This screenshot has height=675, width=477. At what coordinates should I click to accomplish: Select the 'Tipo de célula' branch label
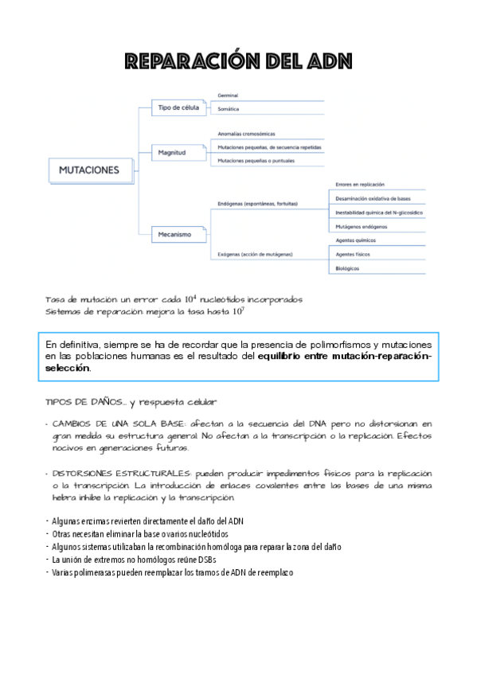click(x=179, y=107)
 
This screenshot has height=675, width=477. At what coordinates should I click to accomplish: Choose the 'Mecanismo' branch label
click(x=176, y=235)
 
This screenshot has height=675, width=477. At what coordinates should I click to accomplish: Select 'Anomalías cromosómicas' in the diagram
click(x=246, y=134)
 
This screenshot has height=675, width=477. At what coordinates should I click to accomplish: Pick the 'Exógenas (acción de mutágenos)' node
click(x=254, y=254)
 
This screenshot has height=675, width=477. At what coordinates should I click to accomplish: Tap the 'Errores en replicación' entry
click(x=360, y=184)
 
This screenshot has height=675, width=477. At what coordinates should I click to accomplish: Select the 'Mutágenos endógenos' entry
click(x=362, y=227)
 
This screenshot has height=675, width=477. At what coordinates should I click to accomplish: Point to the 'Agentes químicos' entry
click(x=356, y=240)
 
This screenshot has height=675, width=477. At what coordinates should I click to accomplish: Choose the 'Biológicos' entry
click(x=347, y=268)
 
